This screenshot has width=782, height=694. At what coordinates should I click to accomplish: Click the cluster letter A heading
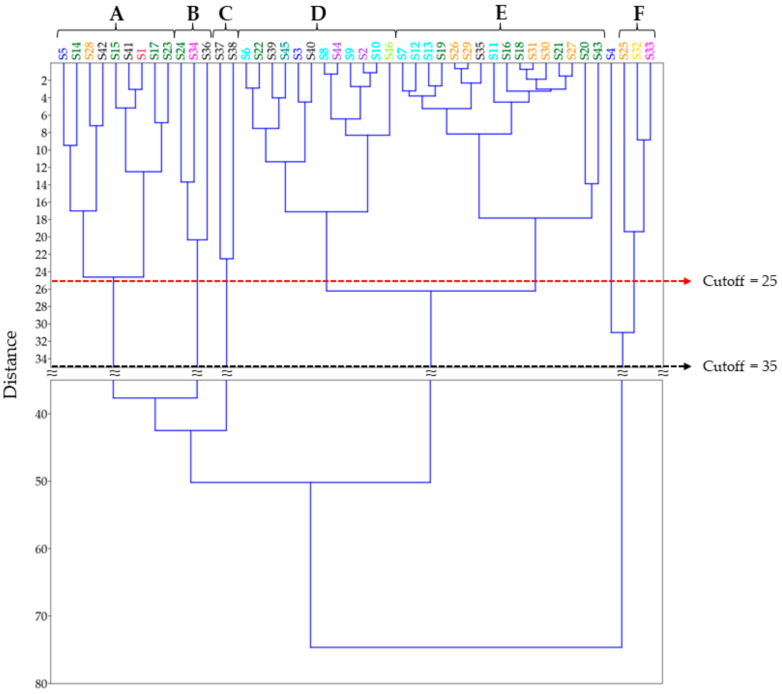[x=117, y=14]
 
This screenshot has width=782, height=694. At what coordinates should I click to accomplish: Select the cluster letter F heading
[x=639, y=14]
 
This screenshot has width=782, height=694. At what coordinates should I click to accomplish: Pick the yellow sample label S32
[x=637, y=51]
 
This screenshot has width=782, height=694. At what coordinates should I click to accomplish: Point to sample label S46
[x=389, y=51]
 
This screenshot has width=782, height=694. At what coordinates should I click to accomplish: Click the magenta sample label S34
[x=194, y=51]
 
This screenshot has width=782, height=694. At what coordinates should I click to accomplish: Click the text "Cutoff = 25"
[x=739, y=281]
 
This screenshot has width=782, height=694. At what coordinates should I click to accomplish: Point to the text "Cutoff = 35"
[x=739, y=366]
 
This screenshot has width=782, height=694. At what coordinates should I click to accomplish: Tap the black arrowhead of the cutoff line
[x=688, y=366]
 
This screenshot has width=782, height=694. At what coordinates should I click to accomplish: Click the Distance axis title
[x=11, y=364]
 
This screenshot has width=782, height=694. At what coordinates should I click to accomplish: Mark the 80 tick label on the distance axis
[x=41, y=684]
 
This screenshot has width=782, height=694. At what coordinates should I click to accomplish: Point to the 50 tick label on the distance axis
[x=41, y=481]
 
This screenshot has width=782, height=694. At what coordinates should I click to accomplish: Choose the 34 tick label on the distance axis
[x=41, y=359]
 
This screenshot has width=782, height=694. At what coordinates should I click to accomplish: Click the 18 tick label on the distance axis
[x=41, y=220]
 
